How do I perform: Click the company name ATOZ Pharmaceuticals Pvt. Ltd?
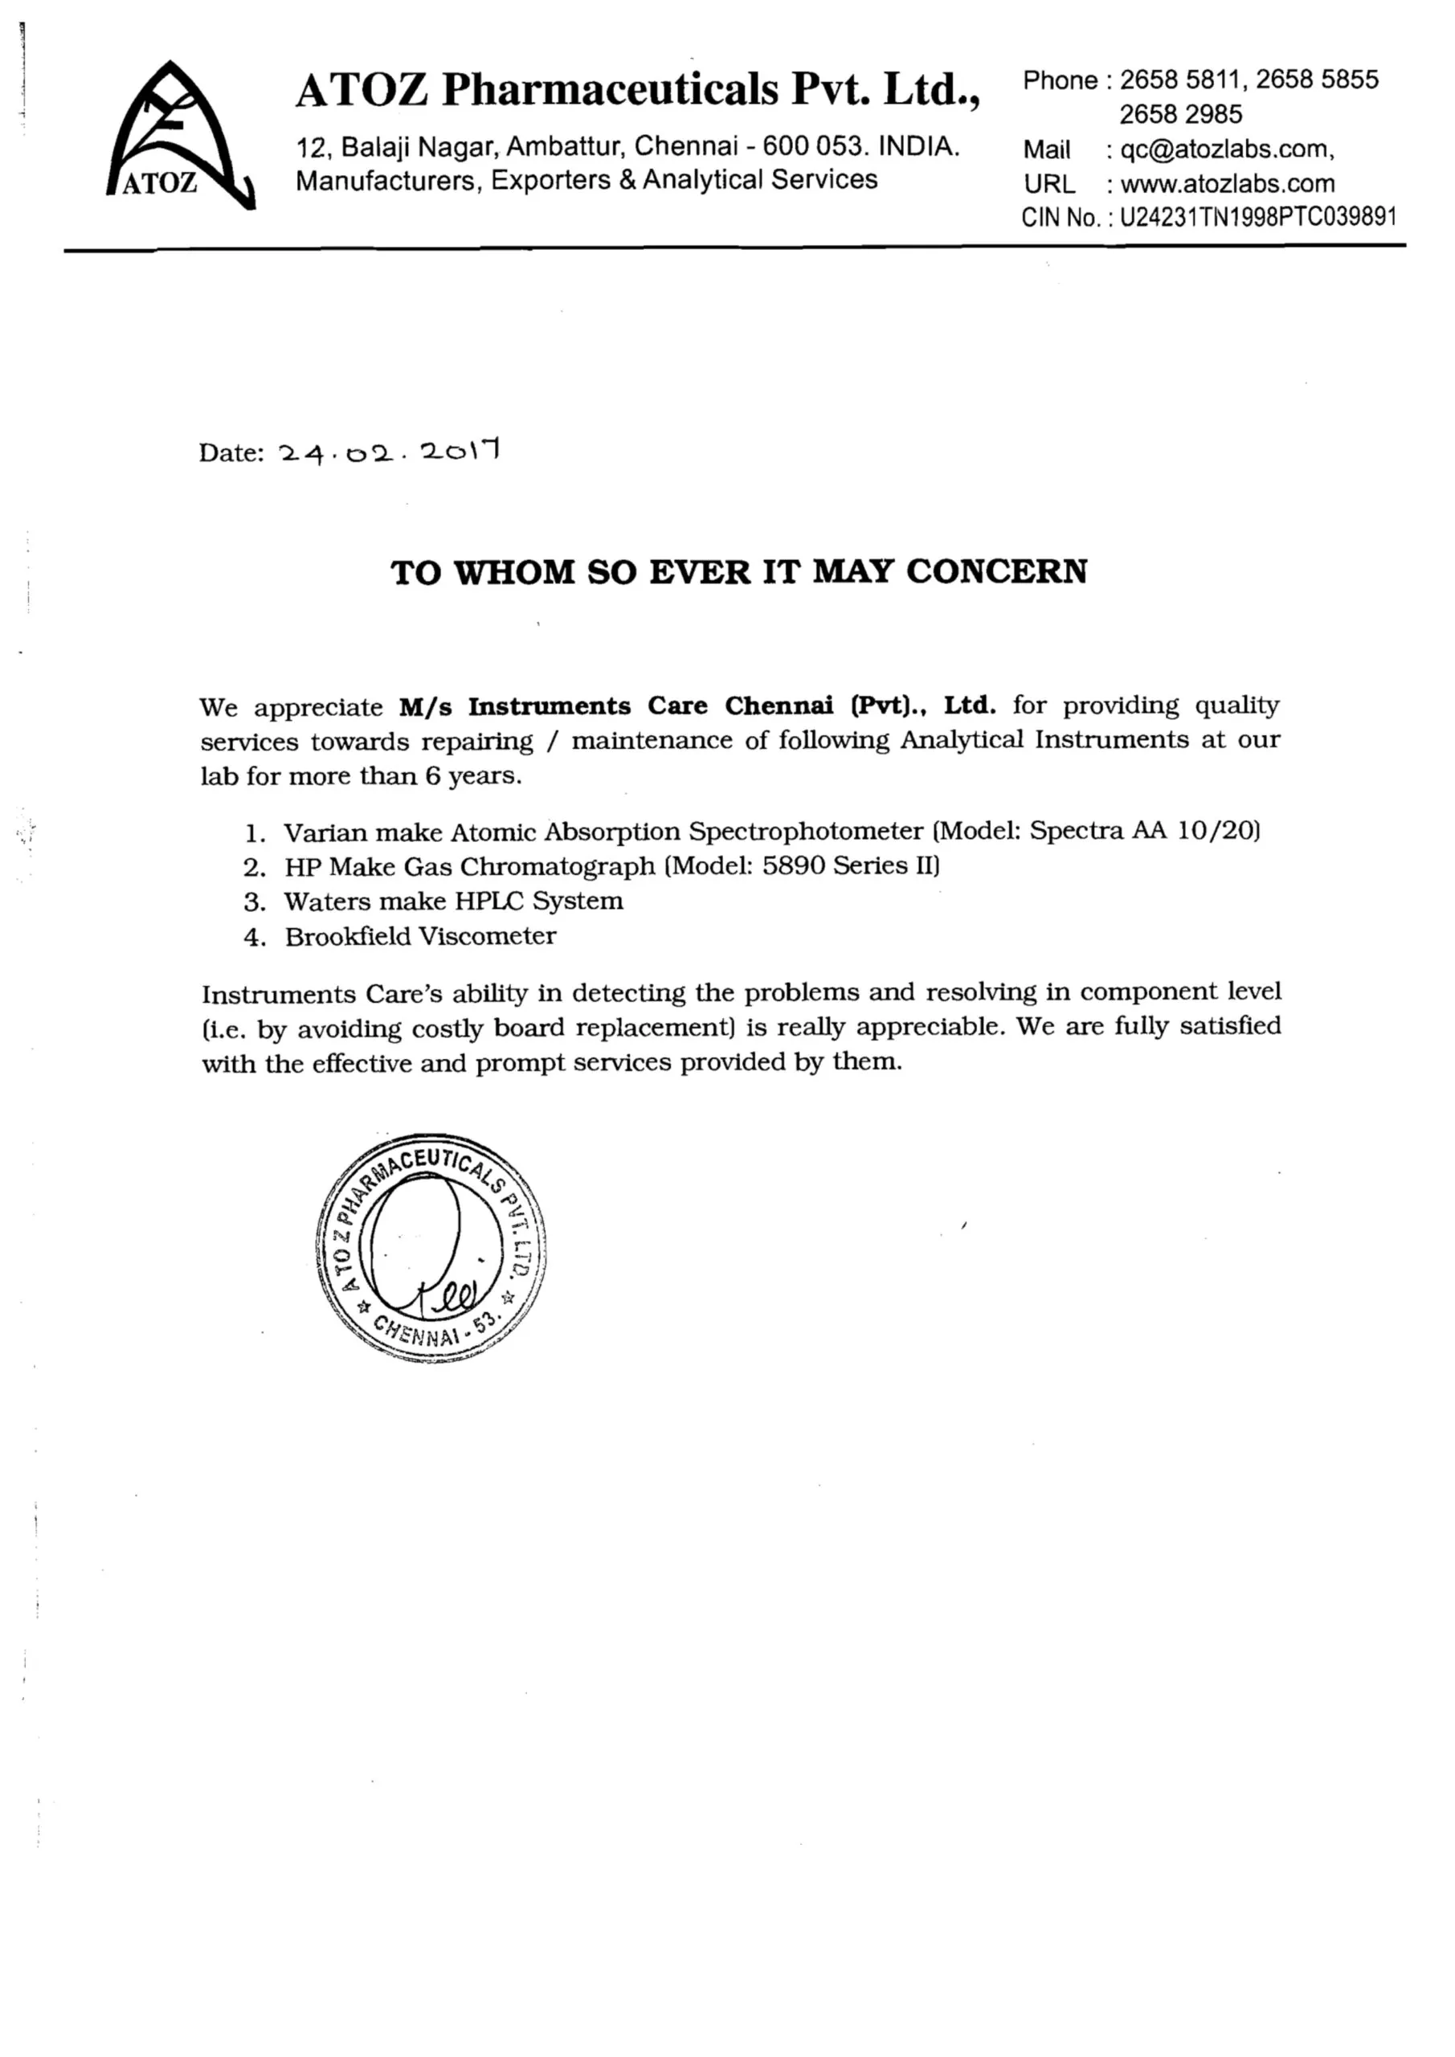pos(637,89)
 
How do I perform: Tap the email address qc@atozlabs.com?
pos(1227,149)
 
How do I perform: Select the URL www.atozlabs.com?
pos(1227,185)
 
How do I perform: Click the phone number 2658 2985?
pos(1180,115)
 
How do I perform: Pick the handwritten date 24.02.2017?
pos(389,452)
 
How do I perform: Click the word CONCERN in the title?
pos(996,571)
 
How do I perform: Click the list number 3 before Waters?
pos(255,902)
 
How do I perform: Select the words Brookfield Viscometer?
pos(420,936)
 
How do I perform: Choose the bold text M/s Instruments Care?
pos(515,706)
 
